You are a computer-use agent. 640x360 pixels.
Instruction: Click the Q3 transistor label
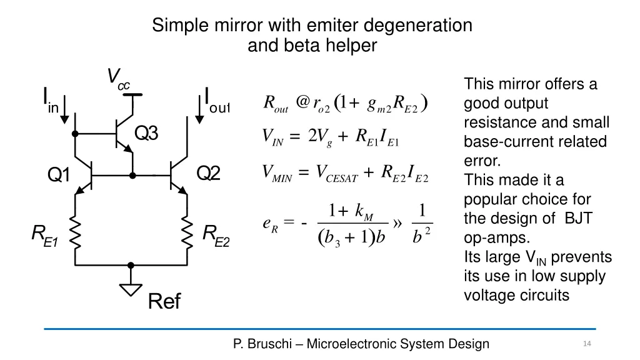point(147,133)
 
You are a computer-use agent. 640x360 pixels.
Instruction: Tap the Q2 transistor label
point(209,173)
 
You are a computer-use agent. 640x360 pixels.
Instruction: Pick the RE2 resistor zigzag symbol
point(187,232)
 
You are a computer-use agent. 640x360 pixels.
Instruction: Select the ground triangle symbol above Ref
point(131,289)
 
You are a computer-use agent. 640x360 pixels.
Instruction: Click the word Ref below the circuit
point(164,302)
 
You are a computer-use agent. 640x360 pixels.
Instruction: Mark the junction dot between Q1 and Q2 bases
point(132,176)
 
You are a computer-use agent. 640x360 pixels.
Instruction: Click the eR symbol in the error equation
point(270,224)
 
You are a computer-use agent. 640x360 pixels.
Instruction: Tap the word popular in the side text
point(489,199)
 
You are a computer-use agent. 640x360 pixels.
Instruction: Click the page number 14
point(586,344)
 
